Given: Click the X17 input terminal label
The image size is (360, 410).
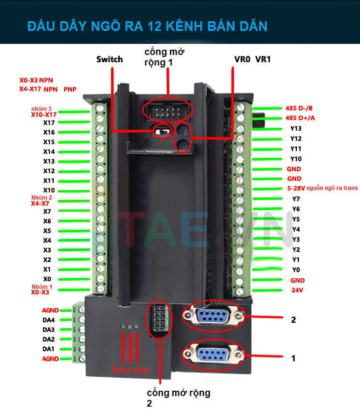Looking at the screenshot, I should (x=49, y=123).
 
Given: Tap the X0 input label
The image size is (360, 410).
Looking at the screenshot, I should (x=47, y=279).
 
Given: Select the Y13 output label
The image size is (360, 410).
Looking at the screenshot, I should (x=296, y=129).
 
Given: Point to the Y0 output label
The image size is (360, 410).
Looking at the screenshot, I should (x=296, y=270).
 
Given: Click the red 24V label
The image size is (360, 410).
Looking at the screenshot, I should (x=297, y=290).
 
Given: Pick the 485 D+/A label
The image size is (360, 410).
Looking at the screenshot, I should (x=300, y=118).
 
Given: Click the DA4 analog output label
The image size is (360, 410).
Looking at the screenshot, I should (x=48, y=320).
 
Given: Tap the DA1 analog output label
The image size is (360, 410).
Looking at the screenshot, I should (x=48, y=349).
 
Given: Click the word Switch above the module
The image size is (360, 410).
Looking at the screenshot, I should (x=110, y=59).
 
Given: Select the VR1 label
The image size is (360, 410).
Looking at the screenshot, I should (x=263, y=59).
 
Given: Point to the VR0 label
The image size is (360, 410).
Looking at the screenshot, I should (x=242, y=59).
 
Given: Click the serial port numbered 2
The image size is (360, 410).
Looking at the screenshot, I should (x=212, y=316).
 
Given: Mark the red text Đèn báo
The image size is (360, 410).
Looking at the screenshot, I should (x=131, y=370).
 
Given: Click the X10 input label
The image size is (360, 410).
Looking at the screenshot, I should (x=49, y=190).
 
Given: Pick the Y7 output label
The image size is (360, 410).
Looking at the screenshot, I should (x=296, y=199).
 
